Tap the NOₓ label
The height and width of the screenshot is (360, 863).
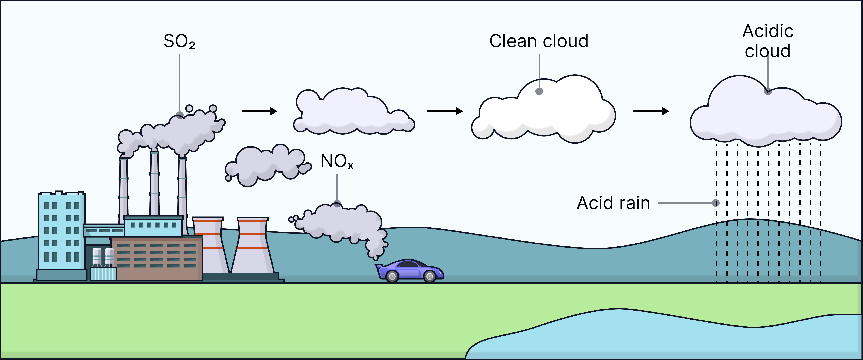[337, 161]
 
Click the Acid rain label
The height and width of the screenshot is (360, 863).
[613, 203]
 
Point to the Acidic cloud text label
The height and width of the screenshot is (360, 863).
[768, 41]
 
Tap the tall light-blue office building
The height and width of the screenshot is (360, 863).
[61, 231]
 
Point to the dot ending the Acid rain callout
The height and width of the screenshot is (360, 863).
[716, 203]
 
